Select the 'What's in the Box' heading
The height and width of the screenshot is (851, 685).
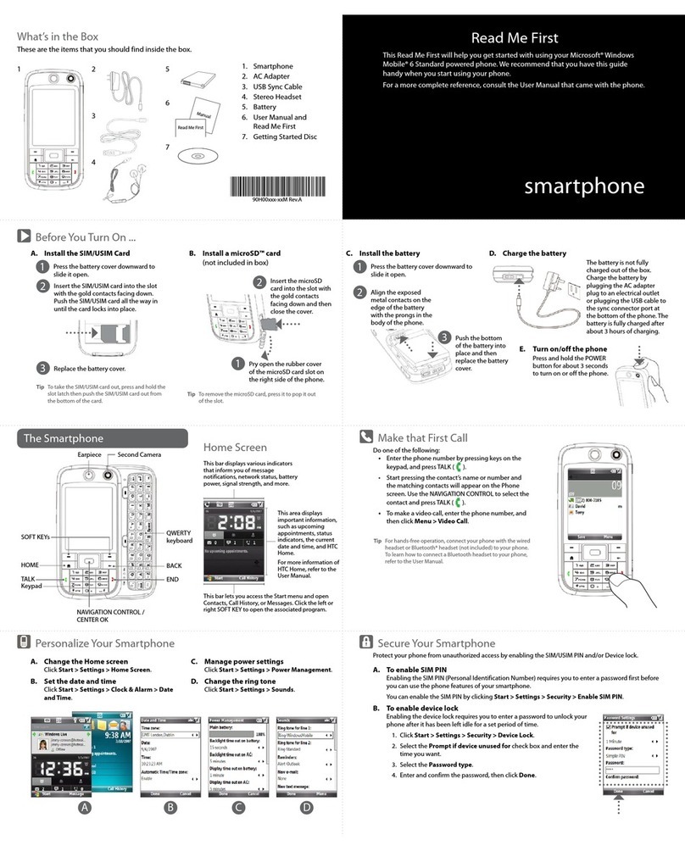point(58,36)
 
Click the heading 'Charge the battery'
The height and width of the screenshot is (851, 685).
point(534,253)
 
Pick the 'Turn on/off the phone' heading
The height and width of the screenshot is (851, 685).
point(570,349)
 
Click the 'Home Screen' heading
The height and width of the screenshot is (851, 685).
point(235,447)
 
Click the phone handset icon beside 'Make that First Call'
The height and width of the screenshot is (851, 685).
point(366,437)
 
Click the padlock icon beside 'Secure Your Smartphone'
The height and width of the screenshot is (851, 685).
point(366,642)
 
